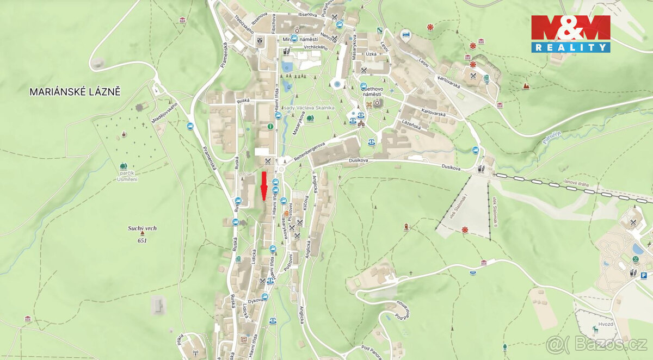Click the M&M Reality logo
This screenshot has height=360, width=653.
(570, 34)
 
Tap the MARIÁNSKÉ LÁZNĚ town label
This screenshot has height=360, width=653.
(75, 92)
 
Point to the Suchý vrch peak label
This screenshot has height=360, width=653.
(142, 228)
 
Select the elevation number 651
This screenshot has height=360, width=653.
(142, 240)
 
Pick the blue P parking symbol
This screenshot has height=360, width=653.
(643, 276)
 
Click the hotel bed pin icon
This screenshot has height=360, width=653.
(405, 35)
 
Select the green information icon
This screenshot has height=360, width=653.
(270, 127)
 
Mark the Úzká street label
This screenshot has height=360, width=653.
(371, 54)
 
